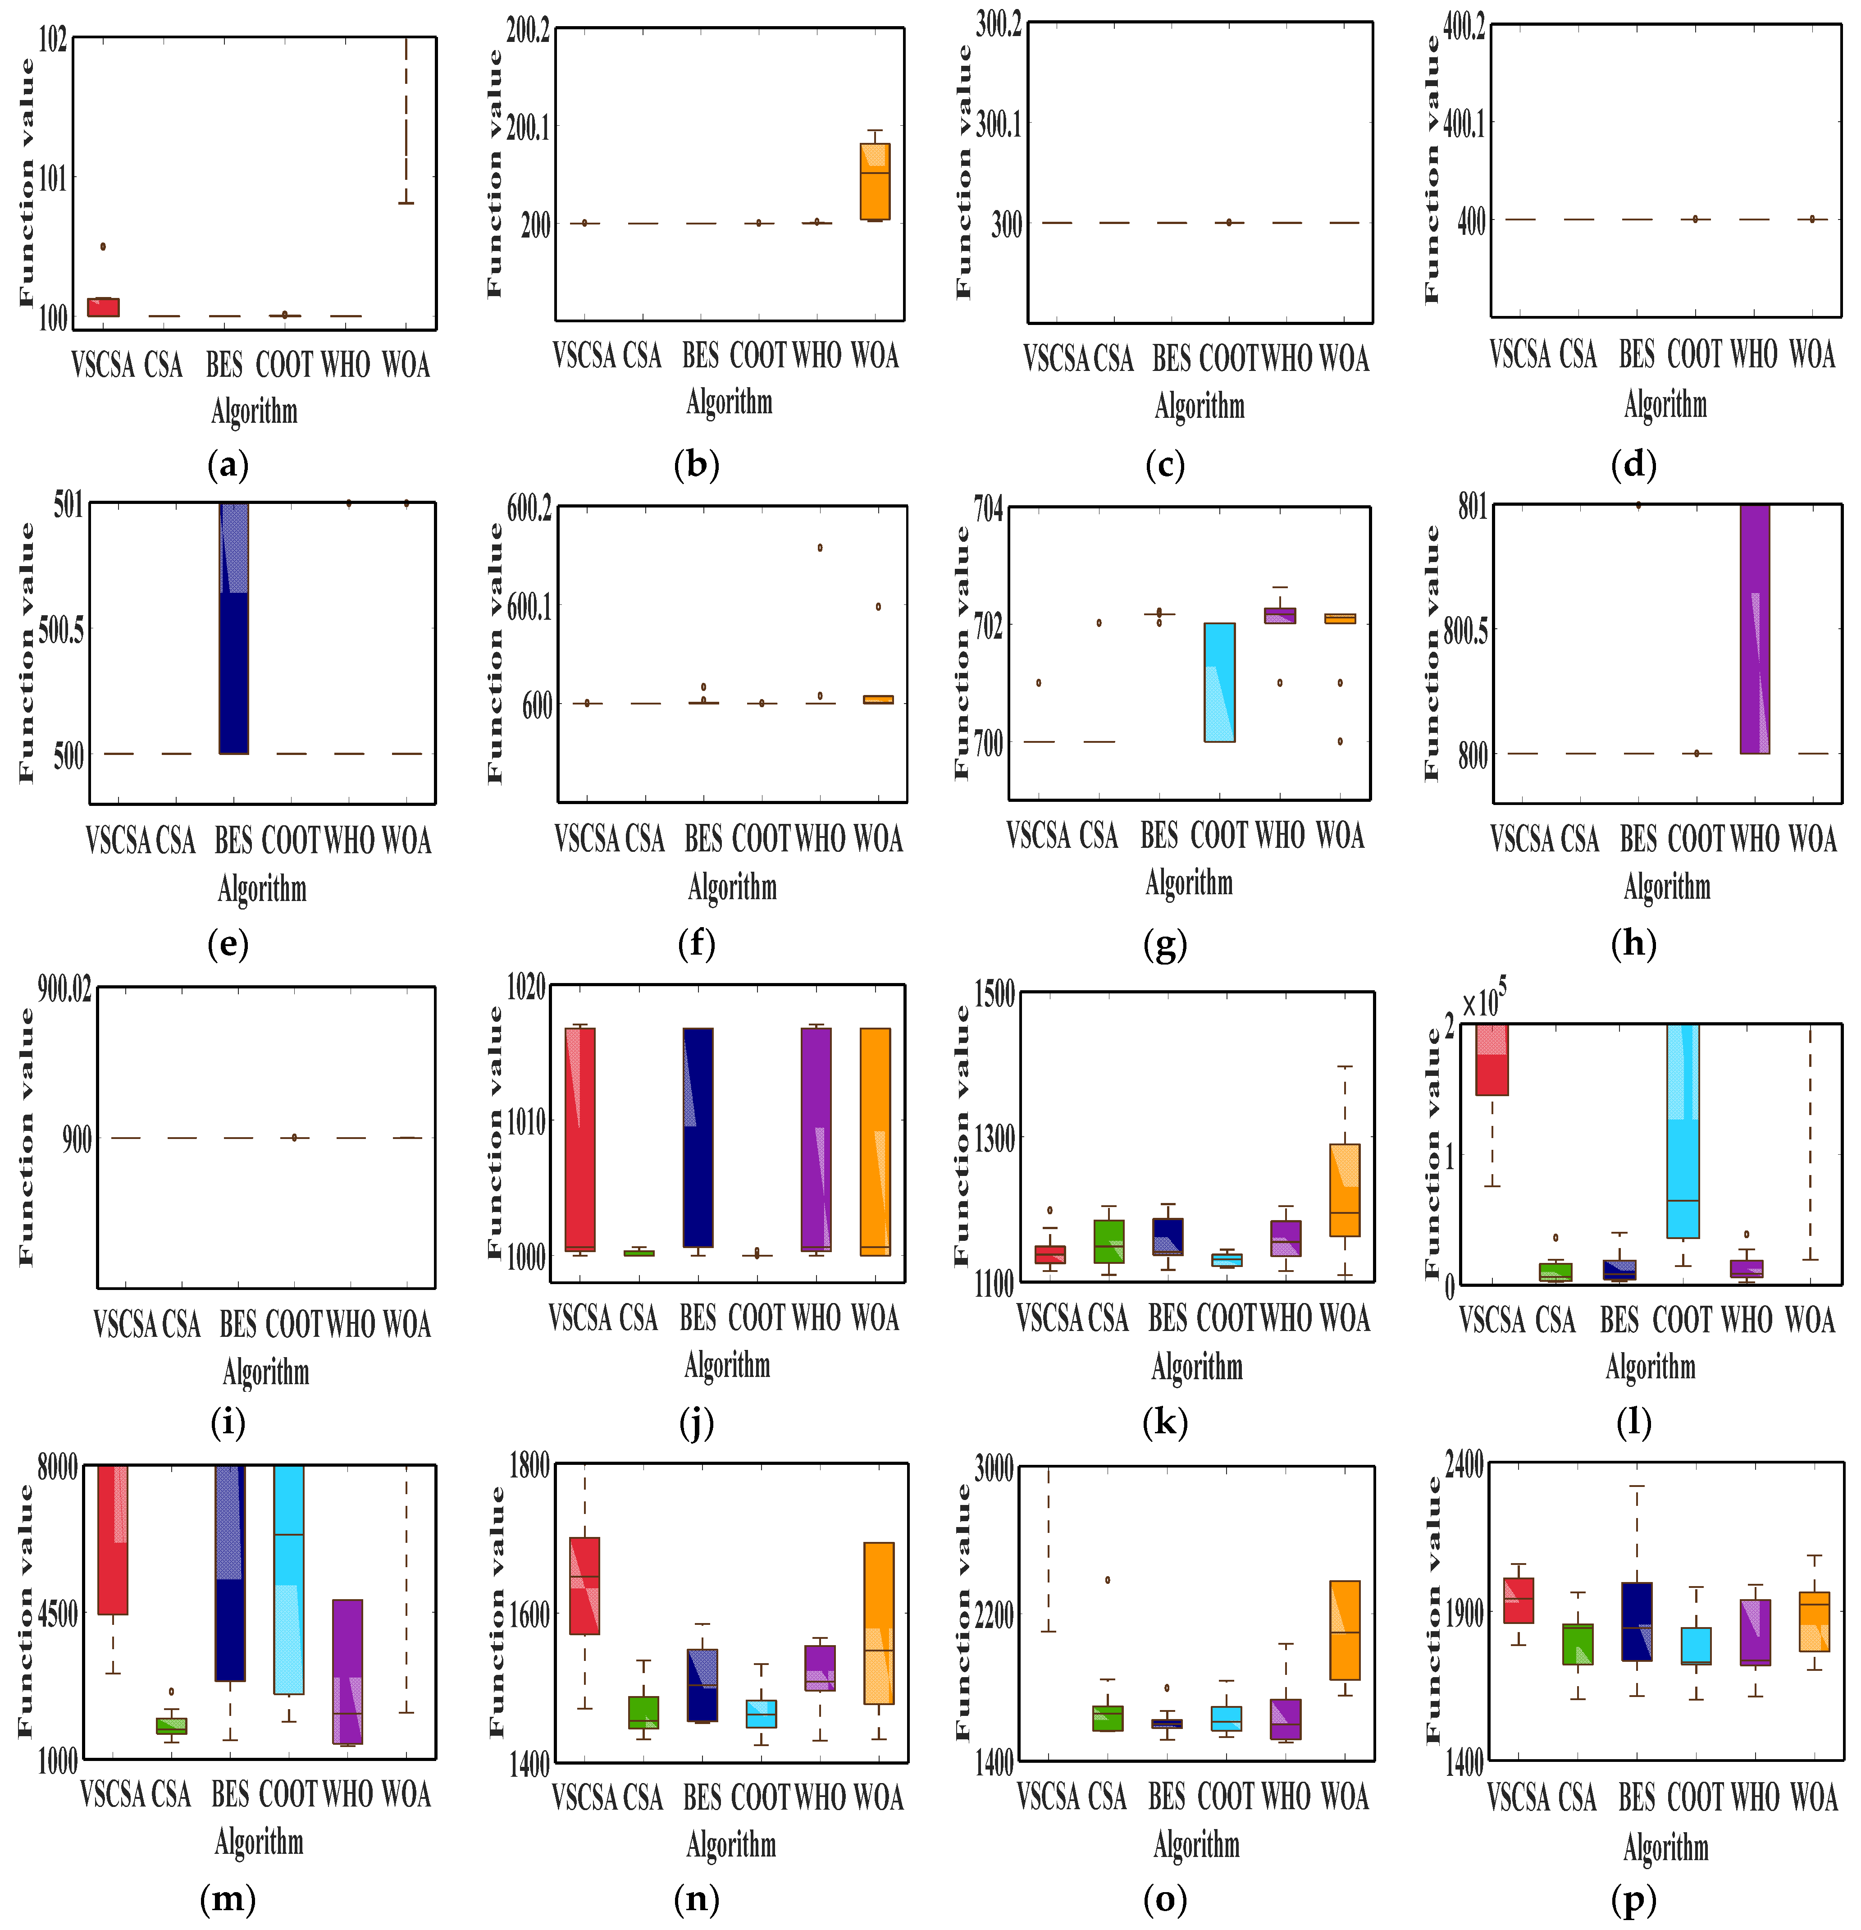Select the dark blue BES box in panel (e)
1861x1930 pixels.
(233, 628)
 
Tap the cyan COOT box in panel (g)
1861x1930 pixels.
(1219, 682)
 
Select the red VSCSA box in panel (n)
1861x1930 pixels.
(585, 1587)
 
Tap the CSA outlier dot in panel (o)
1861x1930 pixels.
(1108, 1579)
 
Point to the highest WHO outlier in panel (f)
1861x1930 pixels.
(819, 548)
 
